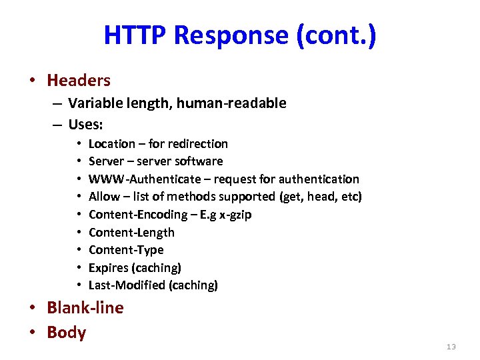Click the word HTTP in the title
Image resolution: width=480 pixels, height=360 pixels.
coord(135,35)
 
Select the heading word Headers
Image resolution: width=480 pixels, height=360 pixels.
coord(79,81)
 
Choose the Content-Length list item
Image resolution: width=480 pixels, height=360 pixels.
coord(131,233)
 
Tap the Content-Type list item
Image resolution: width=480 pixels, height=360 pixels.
coord(126,250)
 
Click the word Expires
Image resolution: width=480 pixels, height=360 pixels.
coord(109,267)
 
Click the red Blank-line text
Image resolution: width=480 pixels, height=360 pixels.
coord(85,308)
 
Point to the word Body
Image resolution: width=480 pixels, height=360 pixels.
coord(67,332)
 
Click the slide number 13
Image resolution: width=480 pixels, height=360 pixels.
coord(451,347)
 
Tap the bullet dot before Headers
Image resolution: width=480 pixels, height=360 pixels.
coord(31,81)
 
